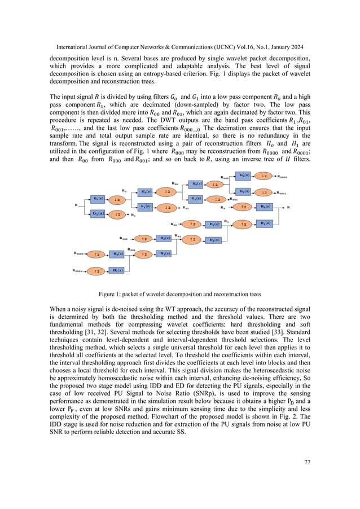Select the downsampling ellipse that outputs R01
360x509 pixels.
click(x=167, y=207)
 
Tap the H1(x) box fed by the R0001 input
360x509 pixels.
click(x=117, y=271)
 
